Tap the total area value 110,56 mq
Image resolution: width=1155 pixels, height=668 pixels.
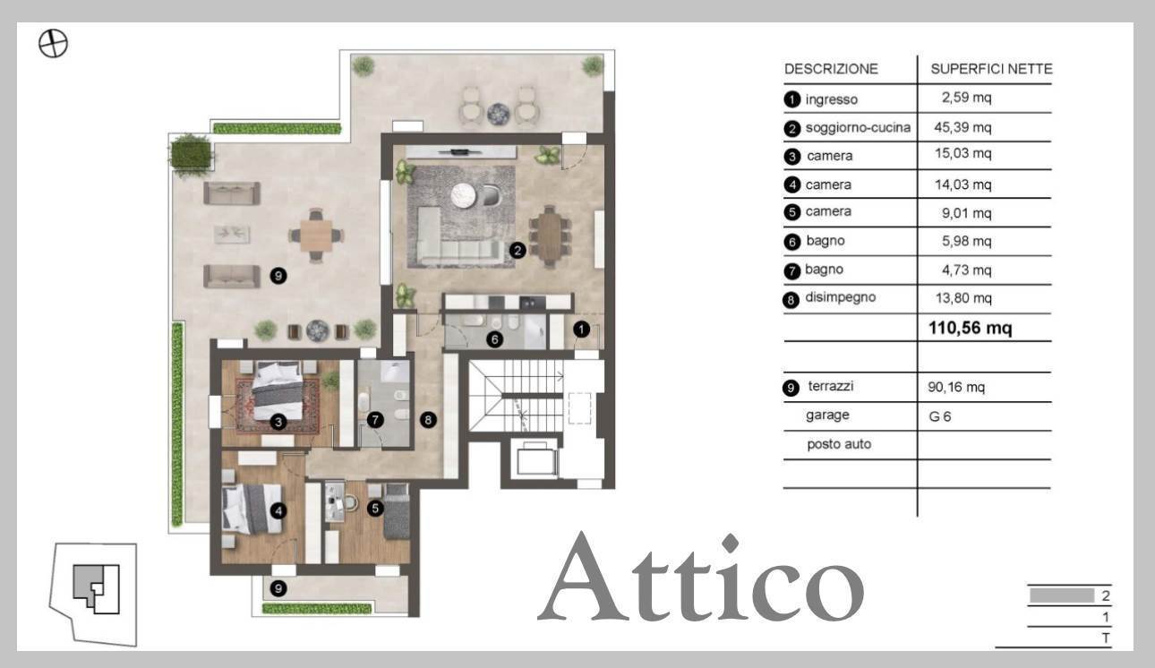(x=971, y=328)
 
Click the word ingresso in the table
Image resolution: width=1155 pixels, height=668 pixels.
(x=831, y=99)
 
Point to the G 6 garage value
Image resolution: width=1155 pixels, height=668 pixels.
(x=940, y=416)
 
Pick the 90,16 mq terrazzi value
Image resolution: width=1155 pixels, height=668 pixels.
(x=957, y=388)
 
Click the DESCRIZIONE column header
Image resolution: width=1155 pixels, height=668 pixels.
(x=831, y=69)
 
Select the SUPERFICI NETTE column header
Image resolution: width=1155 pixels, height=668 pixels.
(x=991, y=69)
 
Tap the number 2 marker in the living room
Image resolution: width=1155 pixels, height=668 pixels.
(x=518, y=251)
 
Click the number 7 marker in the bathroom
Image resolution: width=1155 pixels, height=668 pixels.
(x=375, y=418)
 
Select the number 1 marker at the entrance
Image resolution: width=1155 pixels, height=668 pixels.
(x=581, y=330)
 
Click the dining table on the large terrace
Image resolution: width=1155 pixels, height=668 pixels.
(x=315, y=236)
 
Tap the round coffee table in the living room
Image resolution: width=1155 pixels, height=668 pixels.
(x=464, y=195)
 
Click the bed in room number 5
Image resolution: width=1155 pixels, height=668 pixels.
(x=395, y=512)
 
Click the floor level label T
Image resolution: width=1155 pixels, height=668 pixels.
(x=1107, y=638)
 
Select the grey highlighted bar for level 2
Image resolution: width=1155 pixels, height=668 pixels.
(x=1062, y=595)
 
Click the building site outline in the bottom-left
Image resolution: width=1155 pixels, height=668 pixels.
(x=94, y=591)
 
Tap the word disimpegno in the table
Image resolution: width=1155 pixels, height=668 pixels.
(x=840, y=298)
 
